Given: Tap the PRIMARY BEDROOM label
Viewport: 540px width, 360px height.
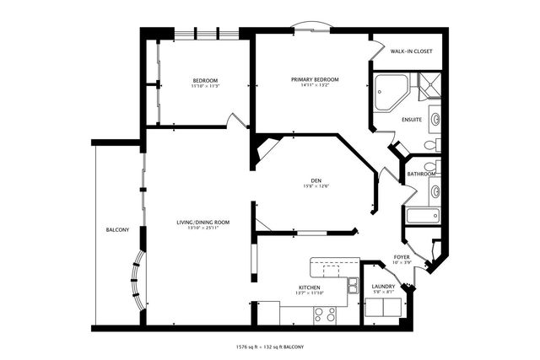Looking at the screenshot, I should pos(315,79).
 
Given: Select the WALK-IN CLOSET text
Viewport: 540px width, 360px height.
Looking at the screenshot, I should pos(411,51).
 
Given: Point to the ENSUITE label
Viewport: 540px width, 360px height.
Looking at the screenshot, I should pos(412,119).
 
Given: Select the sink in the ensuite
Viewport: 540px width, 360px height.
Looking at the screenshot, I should pos(435,119).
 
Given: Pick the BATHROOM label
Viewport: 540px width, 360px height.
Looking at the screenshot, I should pos(421,175).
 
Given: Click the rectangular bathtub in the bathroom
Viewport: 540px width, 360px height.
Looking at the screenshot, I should pos(419,216).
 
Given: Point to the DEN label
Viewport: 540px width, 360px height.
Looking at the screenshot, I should pos(316,180).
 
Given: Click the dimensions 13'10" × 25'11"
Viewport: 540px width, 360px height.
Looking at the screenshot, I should pos(203,228).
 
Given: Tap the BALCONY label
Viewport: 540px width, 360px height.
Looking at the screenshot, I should pos(116,229).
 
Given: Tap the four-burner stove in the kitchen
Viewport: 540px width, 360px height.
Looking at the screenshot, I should pos(325,314).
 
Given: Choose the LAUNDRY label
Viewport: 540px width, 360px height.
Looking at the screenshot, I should pos(383,287).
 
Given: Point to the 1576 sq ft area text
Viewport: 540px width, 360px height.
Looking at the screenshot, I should pos(251,347).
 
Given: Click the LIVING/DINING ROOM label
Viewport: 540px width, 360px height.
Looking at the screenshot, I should pos(203,222).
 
